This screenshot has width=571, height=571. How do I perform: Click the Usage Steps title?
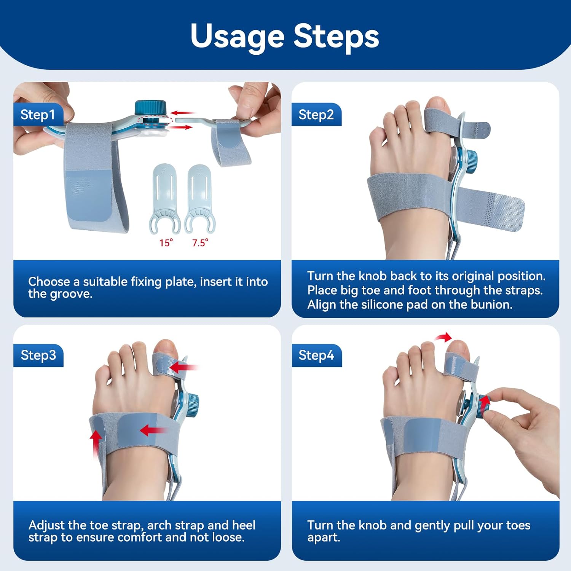coord(285,36)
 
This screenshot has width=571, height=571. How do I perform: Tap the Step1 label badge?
coord(38,115)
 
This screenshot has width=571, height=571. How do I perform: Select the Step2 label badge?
coord(316,115)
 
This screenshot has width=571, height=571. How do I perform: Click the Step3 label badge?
coord(38,355)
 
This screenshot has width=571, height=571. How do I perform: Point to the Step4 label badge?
coord(316,355)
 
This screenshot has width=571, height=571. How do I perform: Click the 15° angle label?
coord(166,243)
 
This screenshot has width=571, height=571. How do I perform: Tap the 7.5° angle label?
coord(200,243)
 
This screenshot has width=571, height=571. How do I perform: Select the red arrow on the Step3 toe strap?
coord(183,367)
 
